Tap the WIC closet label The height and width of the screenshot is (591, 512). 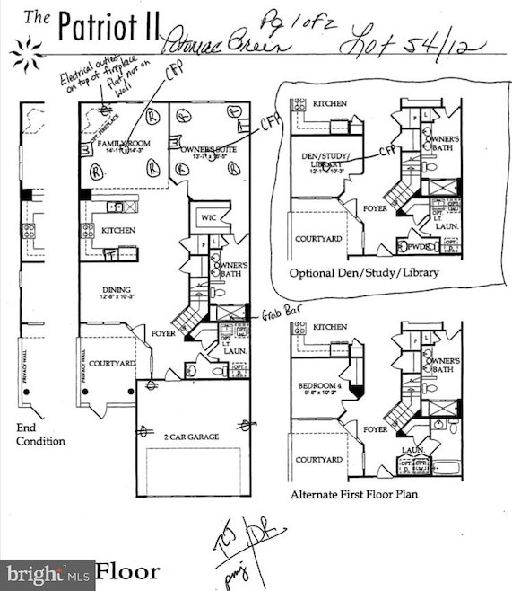coord(209,217)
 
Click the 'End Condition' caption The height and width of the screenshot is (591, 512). coord(40,435)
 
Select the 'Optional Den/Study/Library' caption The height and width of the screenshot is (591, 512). coord(364,272)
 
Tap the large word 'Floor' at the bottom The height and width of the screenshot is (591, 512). coord(128,571)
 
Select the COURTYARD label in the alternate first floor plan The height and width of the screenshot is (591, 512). coord(318,460)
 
